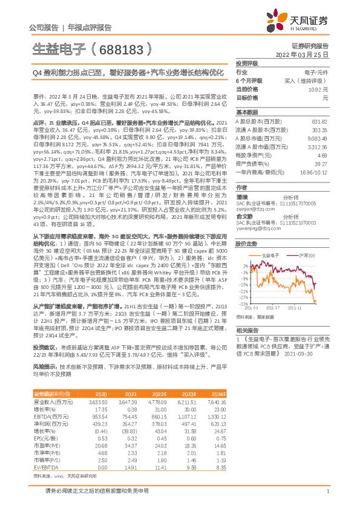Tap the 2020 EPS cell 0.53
click(103, 421)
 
